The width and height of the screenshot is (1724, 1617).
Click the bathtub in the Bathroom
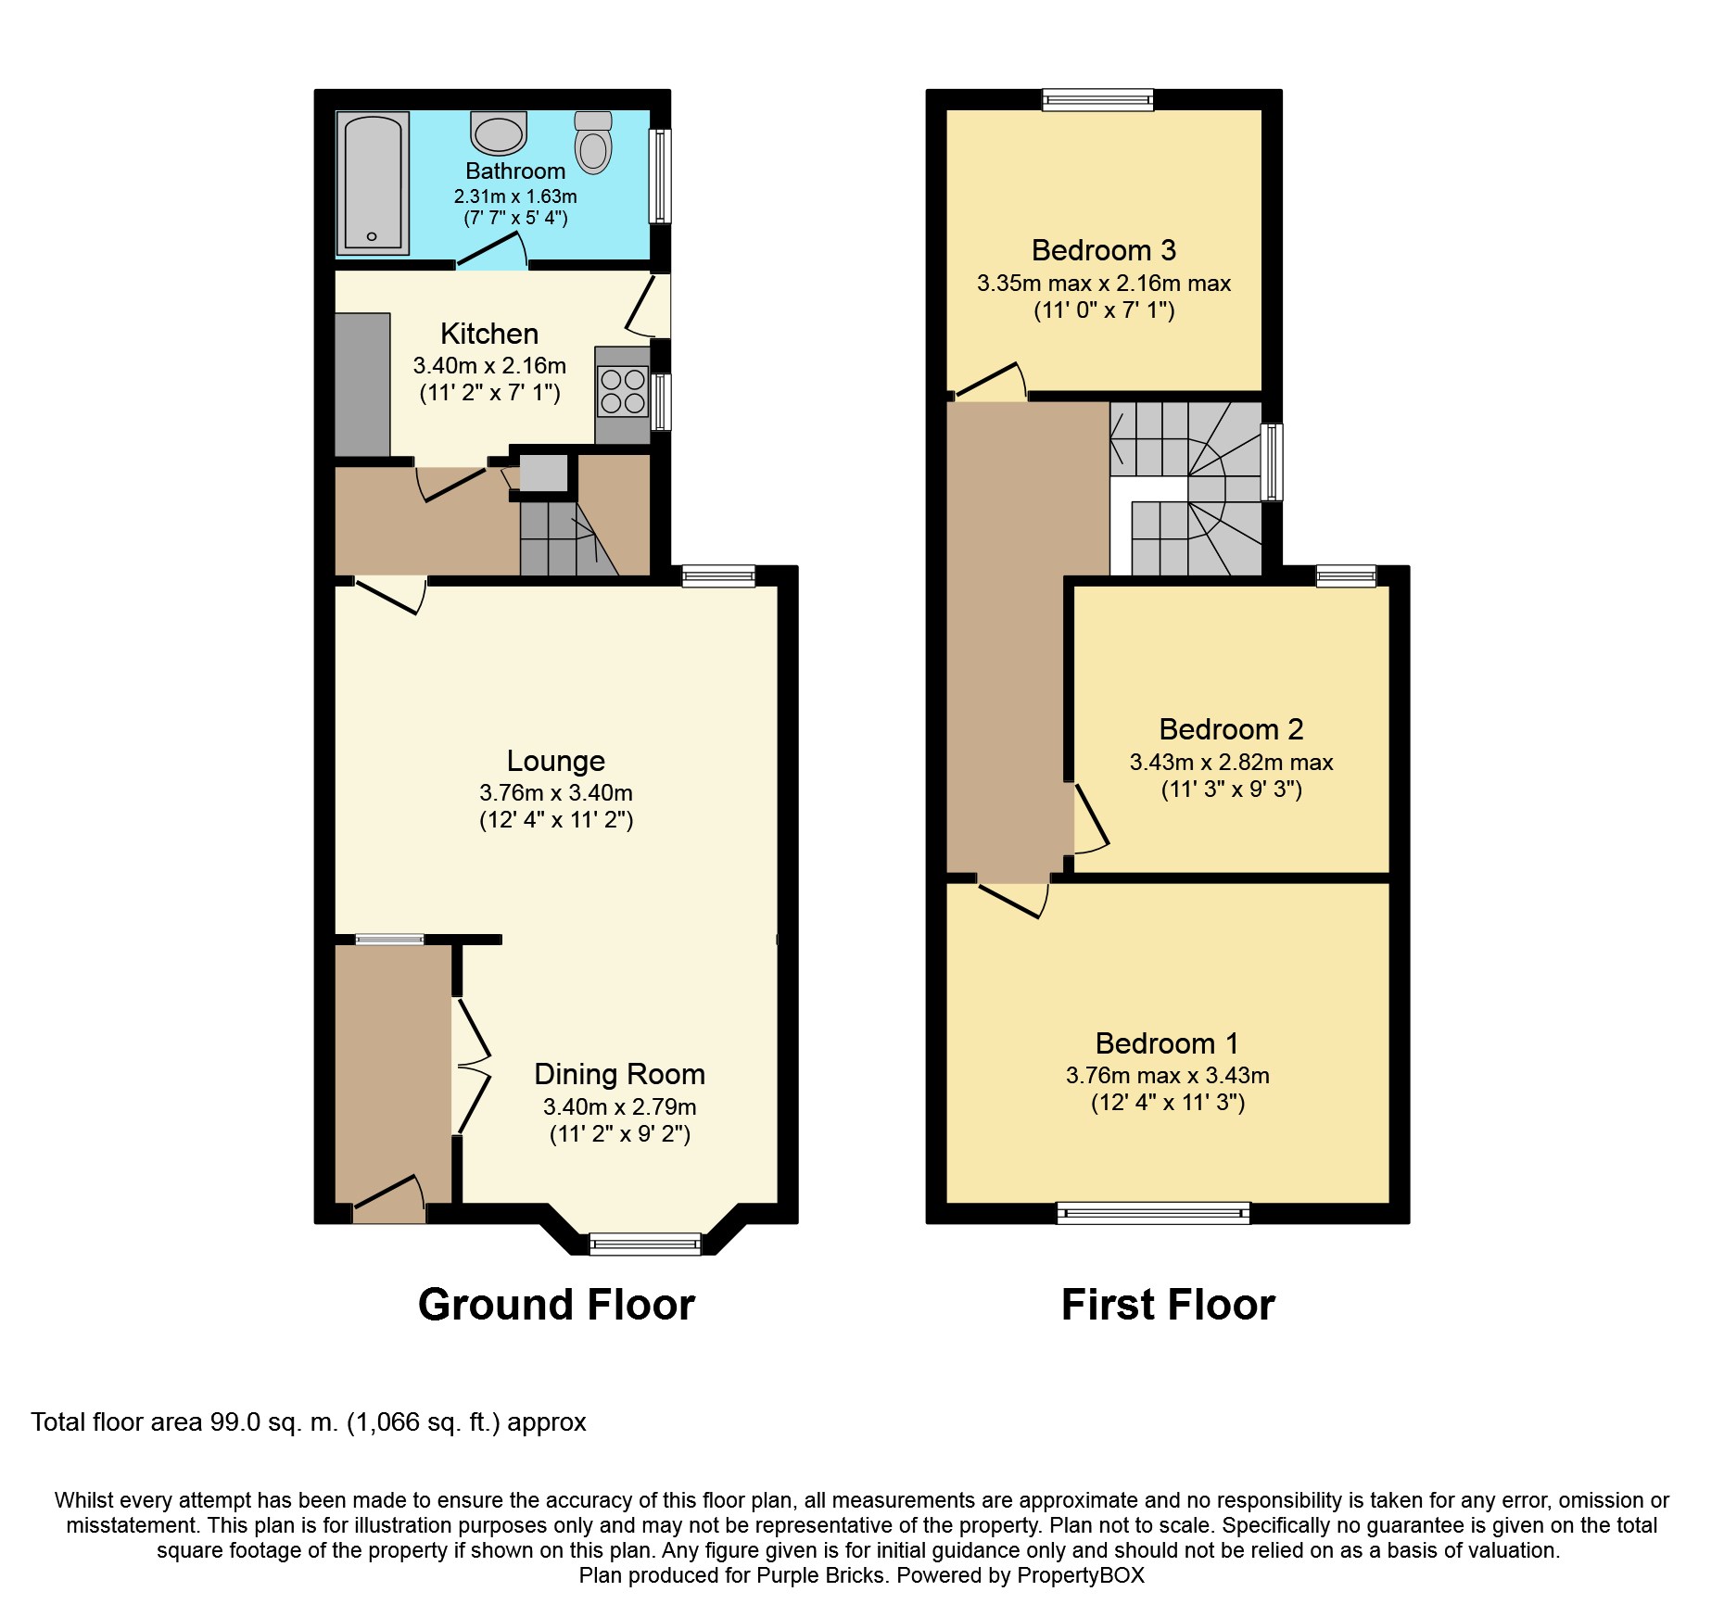[373, 183]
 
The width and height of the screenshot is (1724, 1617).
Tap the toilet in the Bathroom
[593, 142]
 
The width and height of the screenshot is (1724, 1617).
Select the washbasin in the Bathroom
[499, 133]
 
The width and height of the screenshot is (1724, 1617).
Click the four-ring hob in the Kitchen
[623, 391]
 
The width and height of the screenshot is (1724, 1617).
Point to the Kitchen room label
[489, 334]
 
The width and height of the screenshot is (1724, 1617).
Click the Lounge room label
[556, 761]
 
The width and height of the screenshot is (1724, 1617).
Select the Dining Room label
[620, 1074]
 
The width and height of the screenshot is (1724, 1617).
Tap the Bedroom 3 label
[1104, 250]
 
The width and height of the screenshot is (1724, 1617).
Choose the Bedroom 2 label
[1232, 729]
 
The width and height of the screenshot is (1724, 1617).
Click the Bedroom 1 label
[1168, 1043]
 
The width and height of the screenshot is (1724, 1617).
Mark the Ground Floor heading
[556, 1305]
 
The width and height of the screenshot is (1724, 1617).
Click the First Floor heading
[1168, 1305]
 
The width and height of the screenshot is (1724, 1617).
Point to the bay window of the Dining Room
[645, 1244]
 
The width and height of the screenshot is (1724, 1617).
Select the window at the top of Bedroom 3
[1098, 99]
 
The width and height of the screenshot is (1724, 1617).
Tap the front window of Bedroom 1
[1154, 1212]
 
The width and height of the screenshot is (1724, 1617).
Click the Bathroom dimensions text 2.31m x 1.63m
[515, 196]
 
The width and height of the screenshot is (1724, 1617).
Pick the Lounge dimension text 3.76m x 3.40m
[556, 793]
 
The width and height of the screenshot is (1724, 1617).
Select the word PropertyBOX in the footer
[1081, 1575]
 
